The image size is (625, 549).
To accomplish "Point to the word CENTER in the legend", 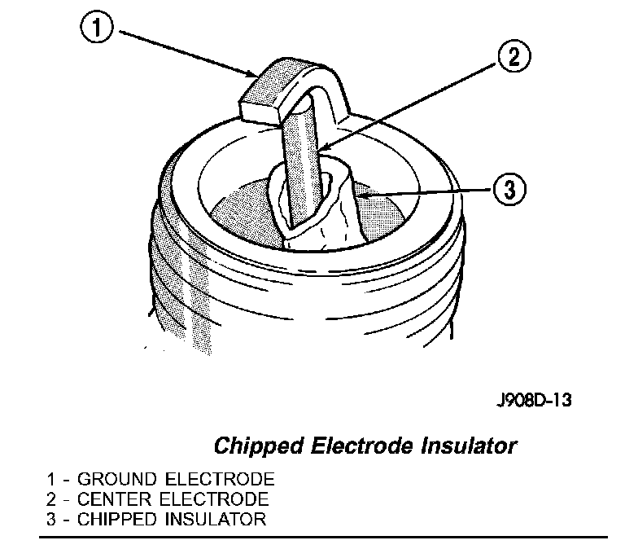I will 110,499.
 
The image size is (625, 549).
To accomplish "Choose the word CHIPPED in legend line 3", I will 112,520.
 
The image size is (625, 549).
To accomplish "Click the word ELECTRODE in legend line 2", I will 208,499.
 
